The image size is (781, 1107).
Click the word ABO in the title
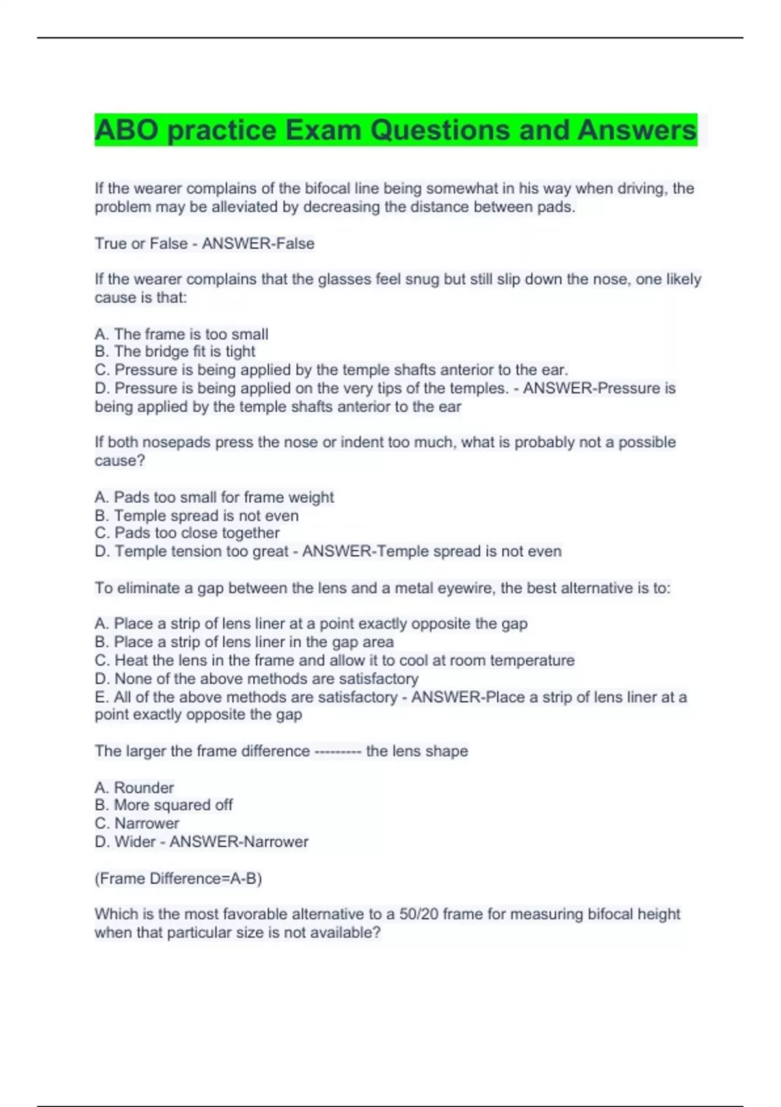point(126,130)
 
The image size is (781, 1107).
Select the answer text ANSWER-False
point(258,244)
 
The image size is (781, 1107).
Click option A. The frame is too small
point(182,335)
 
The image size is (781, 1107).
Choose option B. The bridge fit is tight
point(175,352)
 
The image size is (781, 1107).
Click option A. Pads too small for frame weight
point(214,497)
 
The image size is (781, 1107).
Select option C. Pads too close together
point(187,533)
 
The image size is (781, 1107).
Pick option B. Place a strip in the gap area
point(244,642)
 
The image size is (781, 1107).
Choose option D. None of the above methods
point(256,679)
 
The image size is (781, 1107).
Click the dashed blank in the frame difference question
point(337,751)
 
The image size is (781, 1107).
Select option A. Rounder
point(135,788)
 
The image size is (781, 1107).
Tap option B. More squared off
point(164,806)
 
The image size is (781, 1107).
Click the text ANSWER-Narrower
point(239,842)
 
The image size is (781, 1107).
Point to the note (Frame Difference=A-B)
point(178,879)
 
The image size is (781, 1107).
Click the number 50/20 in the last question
point(420,914)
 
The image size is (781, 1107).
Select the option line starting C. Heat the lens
point(335,660)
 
